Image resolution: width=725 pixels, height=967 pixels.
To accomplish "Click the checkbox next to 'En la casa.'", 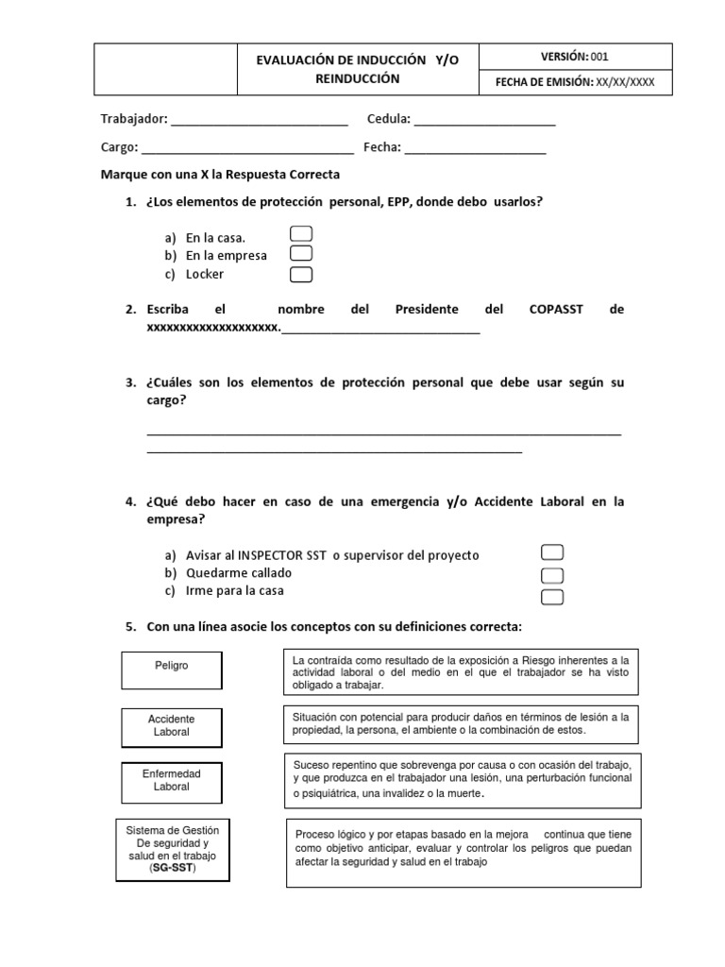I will coord(300,233).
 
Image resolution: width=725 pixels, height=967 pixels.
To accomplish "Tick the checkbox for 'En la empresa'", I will coord(300,253).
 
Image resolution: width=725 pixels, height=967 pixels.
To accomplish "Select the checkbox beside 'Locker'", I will coord(300,275).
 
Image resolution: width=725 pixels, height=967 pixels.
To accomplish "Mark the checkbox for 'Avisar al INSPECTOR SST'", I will coord(552,552).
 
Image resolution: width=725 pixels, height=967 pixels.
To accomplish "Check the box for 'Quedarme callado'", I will coord(552,575).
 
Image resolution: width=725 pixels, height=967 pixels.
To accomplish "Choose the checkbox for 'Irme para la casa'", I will coord(552,596).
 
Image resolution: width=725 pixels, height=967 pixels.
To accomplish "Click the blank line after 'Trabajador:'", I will coord(260,120).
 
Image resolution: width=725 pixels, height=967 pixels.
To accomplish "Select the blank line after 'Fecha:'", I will coord(475,148).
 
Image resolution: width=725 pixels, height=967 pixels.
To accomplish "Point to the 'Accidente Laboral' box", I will coord(172,725).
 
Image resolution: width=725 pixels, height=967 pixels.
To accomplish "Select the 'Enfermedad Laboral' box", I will coord(172,780).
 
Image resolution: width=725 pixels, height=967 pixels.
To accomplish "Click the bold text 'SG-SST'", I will coord(172,868).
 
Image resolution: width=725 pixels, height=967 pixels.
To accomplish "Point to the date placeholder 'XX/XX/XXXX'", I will coord(624,83).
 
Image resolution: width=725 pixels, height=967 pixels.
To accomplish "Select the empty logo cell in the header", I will coord(168,69).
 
